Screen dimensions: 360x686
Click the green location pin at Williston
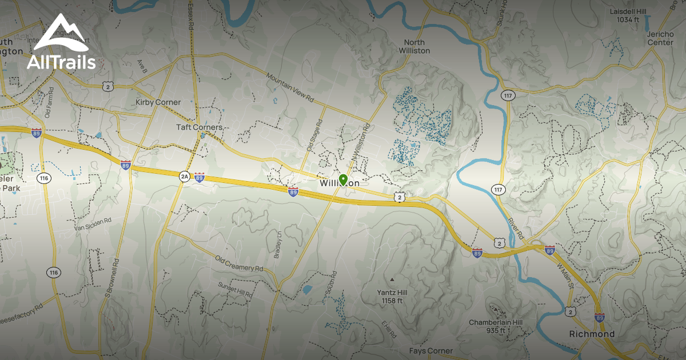point(343,180)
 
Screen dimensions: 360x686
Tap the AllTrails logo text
point(61,62)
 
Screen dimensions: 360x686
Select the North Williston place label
point(417,46)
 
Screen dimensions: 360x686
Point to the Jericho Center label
point(660,38)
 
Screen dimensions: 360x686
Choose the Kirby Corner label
point(158,102)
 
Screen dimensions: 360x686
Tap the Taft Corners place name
point(198,127)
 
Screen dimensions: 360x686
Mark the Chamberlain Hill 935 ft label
point(496,326)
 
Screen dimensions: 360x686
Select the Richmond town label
point(592,334)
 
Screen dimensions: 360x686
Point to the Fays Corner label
point(430,350)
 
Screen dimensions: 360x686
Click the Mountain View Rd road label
point(290,87)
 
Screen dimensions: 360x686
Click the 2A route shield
point(184,177)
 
